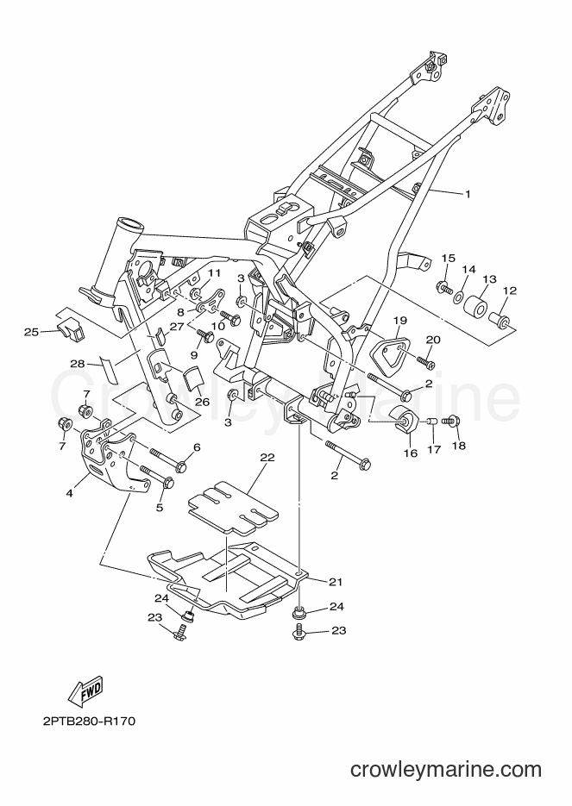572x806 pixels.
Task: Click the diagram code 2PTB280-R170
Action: pos(90,722)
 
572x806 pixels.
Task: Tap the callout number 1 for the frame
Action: pos(468,194)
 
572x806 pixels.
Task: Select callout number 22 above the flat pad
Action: pos(267,457)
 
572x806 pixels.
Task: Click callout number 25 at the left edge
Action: pos(31,332)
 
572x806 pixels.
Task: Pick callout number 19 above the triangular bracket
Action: pos(400,321)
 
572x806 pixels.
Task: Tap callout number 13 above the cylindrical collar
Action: pos(490,279)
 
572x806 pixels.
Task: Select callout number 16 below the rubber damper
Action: pos(411,454)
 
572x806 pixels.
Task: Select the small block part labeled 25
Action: pos(72,329)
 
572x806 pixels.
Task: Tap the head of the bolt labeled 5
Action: pos(167,483)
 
